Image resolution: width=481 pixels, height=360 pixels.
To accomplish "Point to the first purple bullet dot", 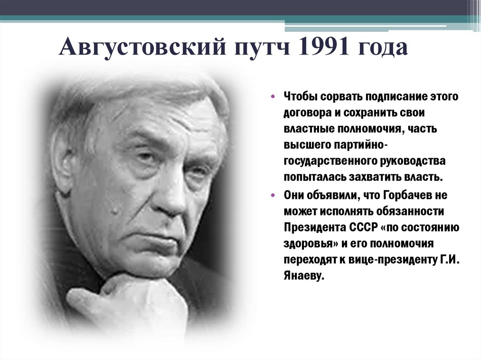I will pyautogui.click(x=274, y=97).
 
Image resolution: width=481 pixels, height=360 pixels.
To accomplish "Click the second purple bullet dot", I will pyautogui.click(x=274, y=194).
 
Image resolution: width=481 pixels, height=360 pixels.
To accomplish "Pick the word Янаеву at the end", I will pyautogui.click(x=304, y=276).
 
